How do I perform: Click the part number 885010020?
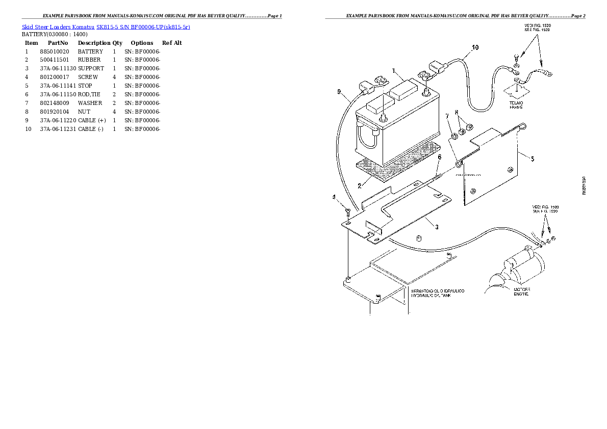[x=54, y=51]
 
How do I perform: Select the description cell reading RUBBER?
[x=89, y=60]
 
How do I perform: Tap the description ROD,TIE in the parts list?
[x=89, y=95]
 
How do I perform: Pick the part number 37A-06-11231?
[x=58, y=129]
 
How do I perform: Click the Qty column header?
[x=117, y=43]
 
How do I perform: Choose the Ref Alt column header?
[x=172, y=43]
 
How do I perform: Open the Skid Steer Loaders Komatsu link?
[x=58, y=26]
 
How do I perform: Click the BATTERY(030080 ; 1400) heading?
[x=51, y=34]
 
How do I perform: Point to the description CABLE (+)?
[x=92, y=121]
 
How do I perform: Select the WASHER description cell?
[x=90, y=103]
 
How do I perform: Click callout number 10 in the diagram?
[x=475, y=48]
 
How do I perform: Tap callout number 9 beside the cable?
[x=339, y=92]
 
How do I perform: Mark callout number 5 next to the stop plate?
[x=532, y=159]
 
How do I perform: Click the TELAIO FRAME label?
[x=516, y=105]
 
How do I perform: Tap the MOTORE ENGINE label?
[x=521, y=292]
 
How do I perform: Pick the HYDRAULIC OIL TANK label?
[x=437, y=293]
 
